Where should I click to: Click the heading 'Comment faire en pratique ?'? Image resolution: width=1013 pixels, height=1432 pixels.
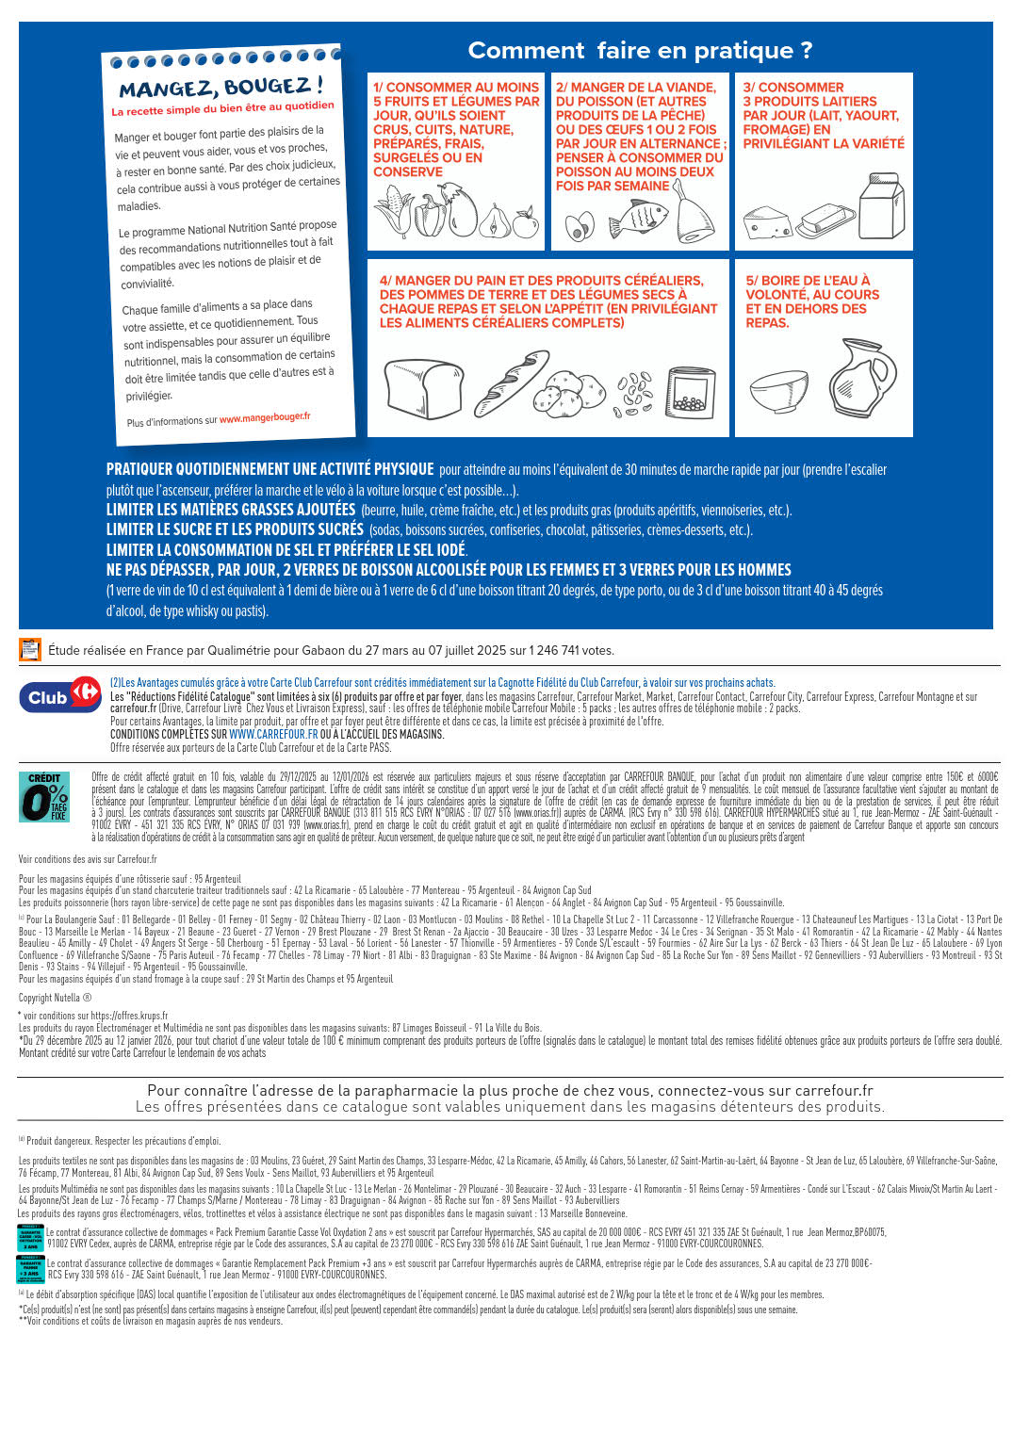pos(640,51)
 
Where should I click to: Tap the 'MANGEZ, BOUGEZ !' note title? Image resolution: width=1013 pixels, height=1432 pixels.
pos(221,88)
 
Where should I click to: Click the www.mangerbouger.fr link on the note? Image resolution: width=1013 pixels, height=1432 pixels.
pos(265,417)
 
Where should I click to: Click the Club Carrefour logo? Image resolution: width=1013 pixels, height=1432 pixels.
pos(60,695)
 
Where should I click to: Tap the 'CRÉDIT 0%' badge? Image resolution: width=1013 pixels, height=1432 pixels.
pos(44,797)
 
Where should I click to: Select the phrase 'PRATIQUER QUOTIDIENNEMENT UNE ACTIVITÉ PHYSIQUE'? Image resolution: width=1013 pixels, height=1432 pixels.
pos(270,469)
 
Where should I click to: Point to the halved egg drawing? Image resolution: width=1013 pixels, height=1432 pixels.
pos(580,226)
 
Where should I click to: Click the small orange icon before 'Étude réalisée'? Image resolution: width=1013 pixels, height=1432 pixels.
pos(30,650)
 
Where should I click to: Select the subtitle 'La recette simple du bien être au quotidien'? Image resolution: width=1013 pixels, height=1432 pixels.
pos(223,108)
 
